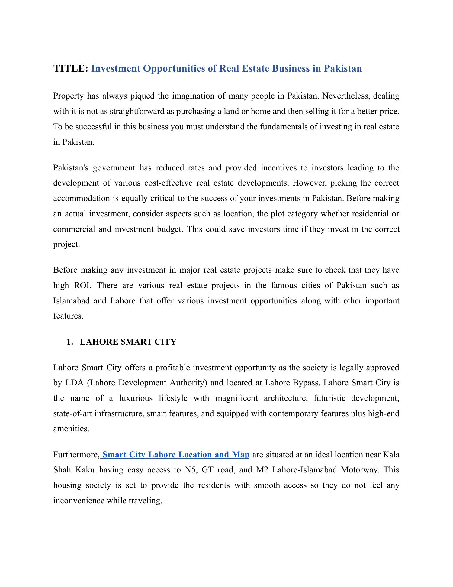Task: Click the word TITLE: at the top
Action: coord(71,69)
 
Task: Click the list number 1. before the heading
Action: coord(70,342)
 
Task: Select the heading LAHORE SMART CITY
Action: coord(128,342)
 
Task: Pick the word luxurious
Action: coord(136,398)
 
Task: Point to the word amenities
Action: coord(71,429)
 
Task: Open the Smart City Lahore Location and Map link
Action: coord(176,455)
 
